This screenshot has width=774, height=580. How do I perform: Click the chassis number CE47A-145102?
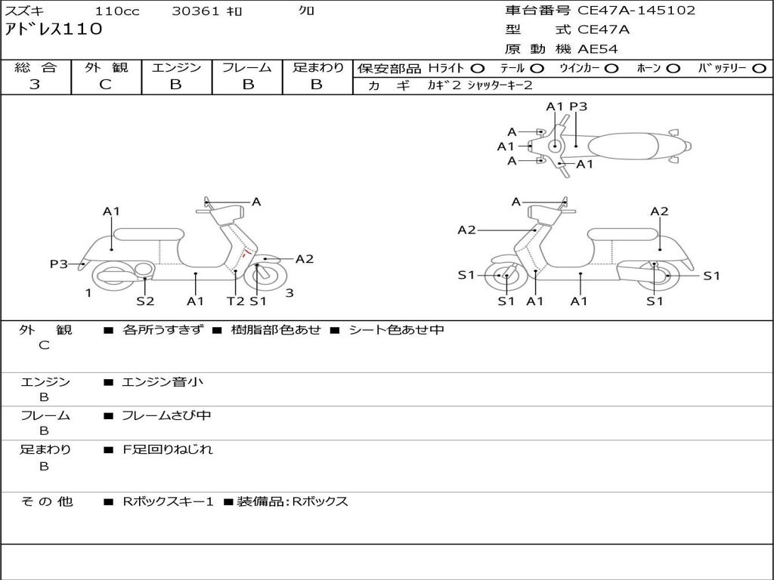click(636, 11)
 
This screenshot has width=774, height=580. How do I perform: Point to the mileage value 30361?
click(195, 11)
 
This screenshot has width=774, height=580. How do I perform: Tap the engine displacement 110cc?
click(117, 11)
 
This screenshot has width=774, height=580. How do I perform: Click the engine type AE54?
click(598, 49)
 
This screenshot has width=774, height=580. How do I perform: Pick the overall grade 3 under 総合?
click(35, 85)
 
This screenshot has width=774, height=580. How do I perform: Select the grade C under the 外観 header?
click(106, 85)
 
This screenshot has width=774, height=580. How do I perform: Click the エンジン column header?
click(176, 67)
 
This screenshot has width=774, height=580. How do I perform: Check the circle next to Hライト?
click(478, 68)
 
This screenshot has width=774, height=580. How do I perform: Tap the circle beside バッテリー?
click(758, 68)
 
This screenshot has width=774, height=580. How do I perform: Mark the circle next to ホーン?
click(673, 68)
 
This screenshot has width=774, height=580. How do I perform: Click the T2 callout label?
click(236, 301)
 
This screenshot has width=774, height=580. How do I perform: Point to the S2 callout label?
click(145, 301)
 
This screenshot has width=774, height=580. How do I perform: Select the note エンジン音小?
click(163, 382)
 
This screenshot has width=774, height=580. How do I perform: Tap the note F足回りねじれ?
click(168, 449)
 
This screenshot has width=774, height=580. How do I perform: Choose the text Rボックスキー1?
click(169, 501)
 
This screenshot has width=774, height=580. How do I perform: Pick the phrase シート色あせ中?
click(396, 330)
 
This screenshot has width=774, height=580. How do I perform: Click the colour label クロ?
click(307, 11)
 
